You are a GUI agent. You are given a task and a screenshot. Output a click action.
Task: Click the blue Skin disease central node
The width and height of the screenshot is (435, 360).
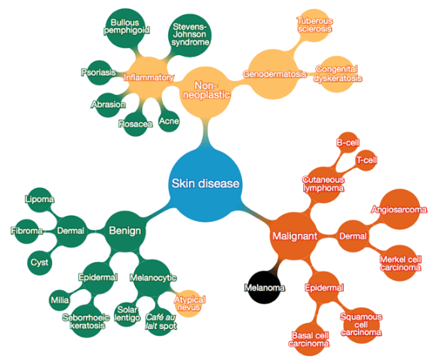pos(205,184)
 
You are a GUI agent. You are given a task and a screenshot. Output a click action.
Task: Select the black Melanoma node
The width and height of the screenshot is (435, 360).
pos(264,288)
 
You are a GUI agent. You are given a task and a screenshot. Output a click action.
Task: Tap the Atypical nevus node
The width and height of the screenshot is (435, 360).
pos(188,303)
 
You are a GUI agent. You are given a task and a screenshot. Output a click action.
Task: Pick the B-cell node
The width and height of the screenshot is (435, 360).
pos(348,142)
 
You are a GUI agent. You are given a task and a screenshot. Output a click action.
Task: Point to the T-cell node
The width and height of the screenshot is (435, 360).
pos(366,160)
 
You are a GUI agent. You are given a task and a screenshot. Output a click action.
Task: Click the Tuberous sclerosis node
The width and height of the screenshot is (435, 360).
pos(314,25)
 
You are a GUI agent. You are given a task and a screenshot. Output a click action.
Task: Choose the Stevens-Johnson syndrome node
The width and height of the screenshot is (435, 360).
pos(190,35)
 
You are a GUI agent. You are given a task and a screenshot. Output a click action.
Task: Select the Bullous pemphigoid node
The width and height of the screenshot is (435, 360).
pos(126,28)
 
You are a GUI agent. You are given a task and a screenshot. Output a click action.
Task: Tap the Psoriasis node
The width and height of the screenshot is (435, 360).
pos(100,72)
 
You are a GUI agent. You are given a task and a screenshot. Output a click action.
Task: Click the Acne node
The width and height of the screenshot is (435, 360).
pos(169,121)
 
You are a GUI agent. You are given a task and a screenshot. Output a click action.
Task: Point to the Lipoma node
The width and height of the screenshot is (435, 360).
pos(40,199)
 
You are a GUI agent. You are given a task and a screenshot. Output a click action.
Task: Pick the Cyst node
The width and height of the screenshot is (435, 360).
pos(39,263)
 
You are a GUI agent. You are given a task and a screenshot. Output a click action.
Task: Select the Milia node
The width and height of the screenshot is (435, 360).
pos(60,300)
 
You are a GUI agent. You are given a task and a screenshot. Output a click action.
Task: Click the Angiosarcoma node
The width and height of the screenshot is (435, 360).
pos(399,209)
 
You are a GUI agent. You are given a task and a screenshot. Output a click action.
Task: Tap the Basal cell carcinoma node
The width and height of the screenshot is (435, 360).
pos(309,339)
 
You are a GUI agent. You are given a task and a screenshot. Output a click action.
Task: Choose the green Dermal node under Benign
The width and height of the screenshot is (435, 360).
pos(71,231)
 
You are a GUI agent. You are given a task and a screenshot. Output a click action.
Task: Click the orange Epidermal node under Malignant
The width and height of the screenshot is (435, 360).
pos(323,288)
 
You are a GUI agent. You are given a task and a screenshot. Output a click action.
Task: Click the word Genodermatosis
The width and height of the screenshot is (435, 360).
pos(274,74)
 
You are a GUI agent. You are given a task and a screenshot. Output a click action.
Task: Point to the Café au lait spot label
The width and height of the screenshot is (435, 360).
pos(161,322)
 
